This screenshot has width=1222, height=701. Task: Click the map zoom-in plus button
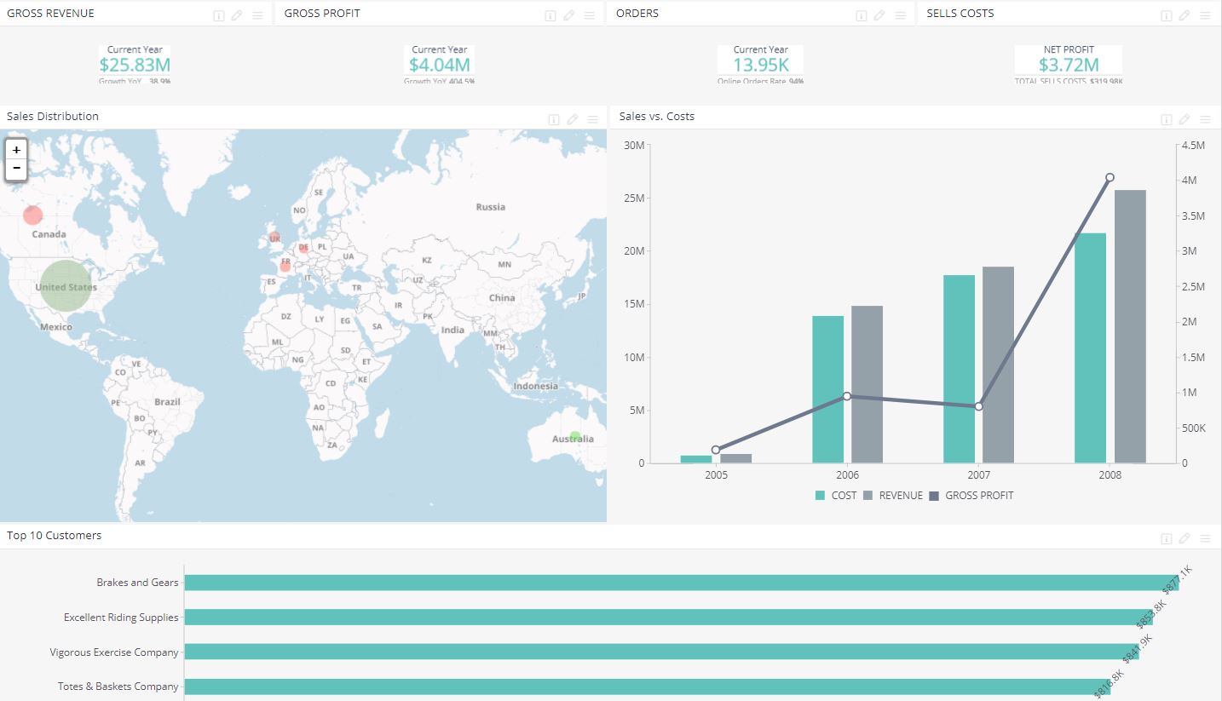16,149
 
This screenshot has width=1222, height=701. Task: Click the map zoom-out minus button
16,169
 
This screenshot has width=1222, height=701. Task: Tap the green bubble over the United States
66,286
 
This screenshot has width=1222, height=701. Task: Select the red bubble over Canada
32,215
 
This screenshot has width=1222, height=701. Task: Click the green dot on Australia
575,436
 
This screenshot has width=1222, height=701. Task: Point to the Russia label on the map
490,207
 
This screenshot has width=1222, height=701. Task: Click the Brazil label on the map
167,401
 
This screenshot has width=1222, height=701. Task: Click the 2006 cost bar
827,389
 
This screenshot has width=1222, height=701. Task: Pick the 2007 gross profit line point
978,406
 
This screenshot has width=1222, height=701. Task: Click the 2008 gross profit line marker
1110,177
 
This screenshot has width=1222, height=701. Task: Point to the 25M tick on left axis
634,198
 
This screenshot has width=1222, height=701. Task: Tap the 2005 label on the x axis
717,475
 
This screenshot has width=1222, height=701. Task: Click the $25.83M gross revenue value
135,65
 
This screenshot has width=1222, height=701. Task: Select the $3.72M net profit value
1069,65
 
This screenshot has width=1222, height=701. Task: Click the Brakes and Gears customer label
137,583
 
